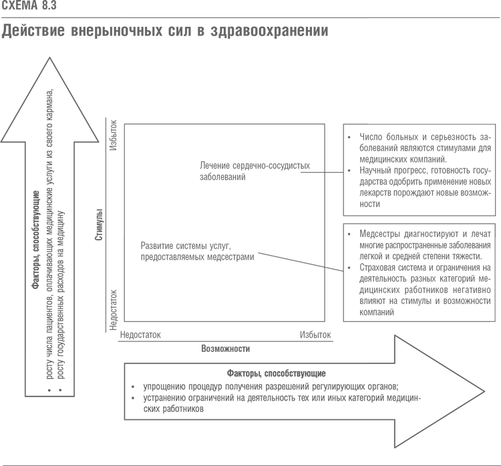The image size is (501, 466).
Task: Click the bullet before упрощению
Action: (x=134, y=388)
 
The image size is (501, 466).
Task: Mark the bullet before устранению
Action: (x=134, y=399)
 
